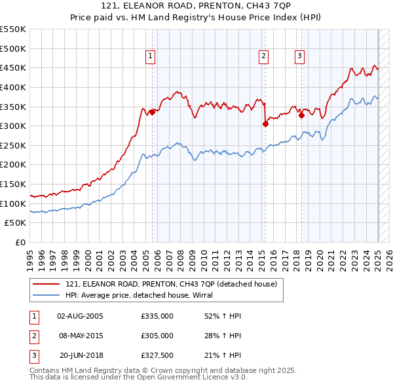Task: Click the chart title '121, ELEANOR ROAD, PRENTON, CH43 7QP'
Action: click(196, 6)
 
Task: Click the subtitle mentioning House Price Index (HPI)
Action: click(196, 18)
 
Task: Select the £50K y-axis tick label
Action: click(16, 223)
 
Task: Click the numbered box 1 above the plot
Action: click(151, 57)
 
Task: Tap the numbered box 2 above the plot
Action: click(263, 57)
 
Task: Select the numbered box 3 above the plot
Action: click(299, 57)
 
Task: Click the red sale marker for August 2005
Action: click(153, 112)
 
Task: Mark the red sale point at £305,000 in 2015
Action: click(265, 124)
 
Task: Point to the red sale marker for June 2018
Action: click(301, 115)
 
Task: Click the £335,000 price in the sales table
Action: click(157, 316)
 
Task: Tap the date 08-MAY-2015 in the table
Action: click(81, 336)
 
